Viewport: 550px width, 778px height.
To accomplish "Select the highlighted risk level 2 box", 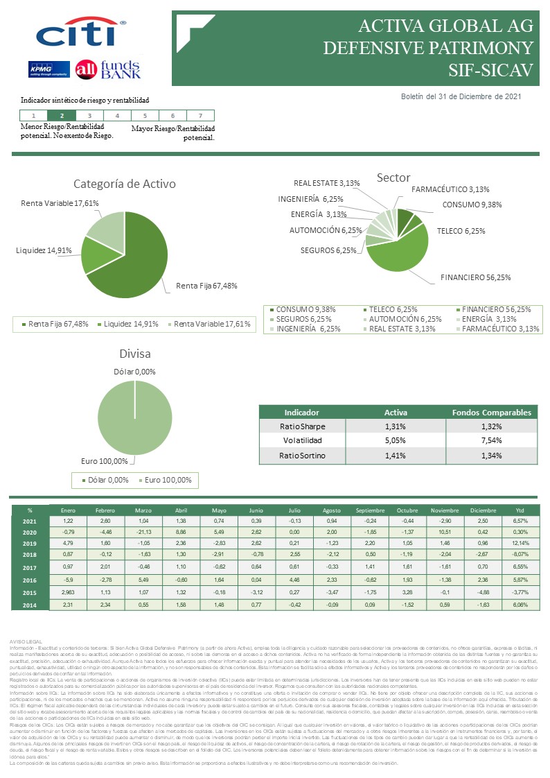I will pyautogui.click(x=62, y=116).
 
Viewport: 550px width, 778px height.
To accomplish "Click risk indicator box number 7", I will pyautogui.click(x=200, y=116).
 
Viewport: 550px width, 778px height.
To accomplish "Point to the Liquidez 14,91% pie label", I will pyautogui.click(x=44, y=250).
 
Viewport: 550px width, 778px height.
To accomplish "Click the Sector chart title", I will pyautogui.click(x=393, y=178).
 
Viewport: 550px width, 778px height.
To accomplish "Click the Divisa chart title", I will pyautogui.click(x=134, y=354).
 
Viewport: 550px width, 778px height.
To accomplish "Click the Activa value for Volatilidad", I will pyautogui.click(x=395, y=440).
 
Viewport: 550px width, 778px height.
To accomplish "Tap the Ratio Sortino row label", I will pyautogui.click(x=302, y=456).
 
